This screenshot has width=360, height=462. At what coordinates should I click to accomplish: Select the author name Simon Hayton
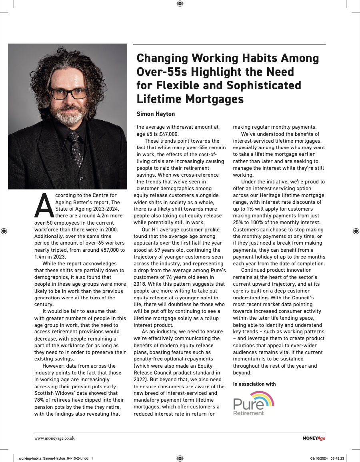coord(156,114)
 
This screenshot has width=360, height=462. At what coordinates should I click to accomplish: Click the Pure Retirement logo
coord(253,403)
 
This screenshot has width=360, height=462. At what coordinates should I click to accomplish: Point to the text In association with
coord(254,384)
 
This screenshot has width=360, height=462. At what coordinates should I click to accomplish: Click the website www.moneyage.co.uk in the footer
coord(54,438)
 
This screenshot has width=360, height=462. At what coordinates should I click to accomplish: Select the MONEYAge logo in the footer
coord(314,438)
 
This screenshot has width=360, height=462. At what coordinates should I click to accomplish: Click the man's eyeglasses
coord(68,94)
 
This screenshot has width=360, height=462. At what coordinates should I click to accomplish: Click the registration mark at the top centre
coord(180,4)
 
